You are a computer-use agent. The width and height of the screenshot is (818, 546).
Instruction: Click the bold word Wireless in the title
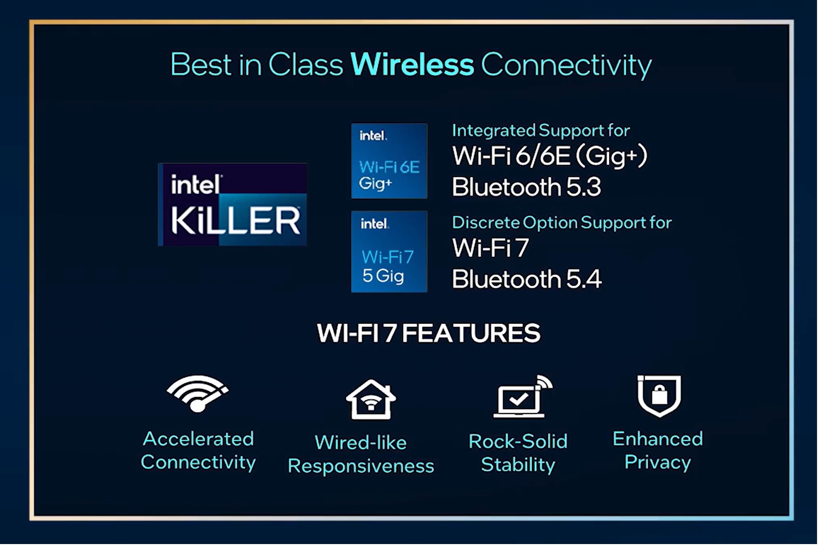(412, 65)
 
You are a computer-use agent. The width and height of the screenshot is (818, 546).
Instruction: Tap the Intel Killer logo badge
(232, 204)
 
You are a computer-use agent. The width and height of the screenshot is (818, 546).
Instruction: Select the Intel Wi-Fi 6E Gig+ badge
(389, 161)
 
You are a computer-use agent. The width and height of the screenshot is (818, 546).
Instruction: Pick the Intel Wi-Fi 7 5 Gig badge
(389, 251)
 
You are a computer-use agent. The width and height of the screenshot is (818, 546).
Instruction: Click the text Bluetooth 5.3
(526, 187)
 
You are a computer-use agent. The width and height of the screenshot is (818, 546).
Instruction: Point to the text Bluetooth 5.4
(527, 279)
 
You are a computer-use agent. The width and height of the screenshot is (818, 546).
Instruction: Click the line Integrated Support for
(541, 131)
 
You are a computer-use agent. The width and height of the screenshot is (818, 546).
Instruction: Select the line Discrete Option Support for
(561, 222)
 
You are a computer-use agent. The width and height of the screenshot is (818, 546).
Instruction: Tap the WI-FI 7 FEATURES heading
(429, 333)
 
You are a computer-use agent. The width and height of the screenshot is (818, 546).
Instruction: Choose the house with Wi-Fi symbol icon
(371, 399)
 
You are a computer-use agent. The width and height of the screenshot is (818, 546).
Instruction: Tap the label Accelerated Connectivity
(198, 451)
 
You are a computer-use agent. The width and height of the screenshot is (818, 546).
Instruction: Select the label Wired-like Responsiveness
(361, 454)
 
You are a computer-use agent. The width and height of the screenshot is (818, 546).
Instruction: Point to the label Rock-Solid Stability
(518, 453)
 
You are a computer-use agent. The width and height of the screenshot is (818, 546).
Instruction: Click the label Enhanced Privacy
(658, 451)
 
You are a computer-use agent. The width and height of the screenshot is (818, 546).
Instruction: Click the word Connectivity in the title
(566, 66)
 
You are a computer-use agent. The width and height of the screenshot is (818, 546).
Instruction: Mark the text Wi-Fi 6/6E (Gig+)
(549, 156)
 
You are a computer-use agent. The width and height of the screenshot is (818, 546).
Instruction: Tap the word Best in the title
(201, 65)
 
